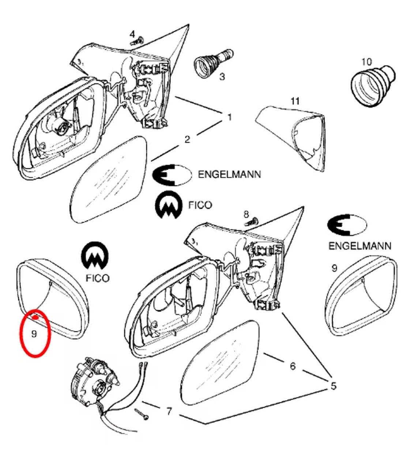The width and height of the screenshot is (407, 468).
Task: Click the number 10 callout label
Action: pos(366,61)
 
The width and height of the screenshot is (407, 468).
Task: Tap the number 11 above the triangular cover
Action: pos(295,101)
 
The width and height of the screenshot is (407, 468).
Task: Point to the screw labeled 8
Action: pos(251,221)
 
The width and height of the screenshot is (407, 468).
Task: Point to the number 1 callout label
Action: pos(229,117)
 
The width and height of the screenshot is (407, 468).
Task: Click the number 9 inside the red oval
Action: pos(34,334)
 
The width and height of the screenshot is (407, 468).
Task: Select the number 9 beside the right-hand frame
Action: pos(334,268)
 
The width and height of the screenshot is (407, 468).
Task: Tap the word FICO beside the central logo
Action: pos(200,205)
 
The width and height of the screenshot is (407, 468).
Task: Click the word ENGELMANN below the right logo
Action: pos(359,246)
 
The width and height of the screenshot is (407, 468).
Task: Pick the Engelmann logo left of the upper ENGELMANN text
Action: pos(171,175)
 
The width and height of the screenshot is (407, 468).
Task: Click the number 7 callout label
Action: pos(169,412)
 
